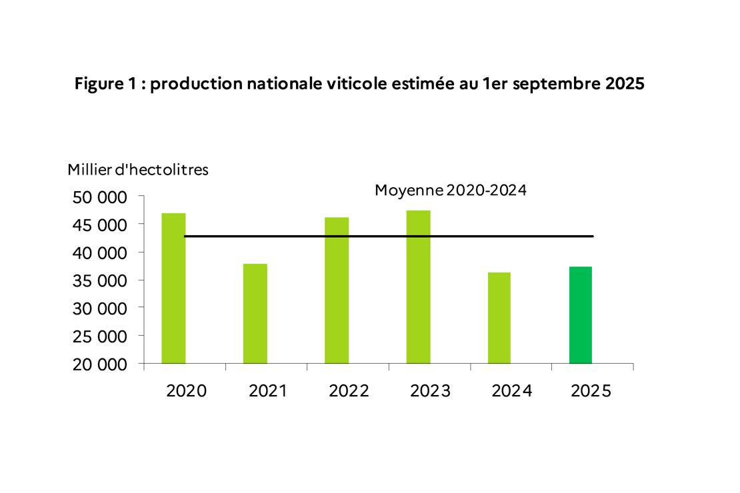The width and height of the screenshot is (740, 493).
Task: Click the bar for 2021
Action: coord(255,314)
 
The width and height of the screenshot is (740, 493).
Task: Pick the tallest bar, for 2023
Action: coord(418,287)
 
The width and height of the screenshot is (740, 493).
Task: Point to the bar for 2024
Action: coord(499,318)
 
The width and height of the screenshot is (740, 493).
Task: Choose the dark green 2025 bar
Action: coord(580,315)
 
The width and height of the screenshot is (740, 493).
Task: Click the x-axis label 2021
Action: coord(267,391)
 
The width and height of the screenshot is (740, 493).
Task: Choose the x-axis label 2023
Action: coord(430,391)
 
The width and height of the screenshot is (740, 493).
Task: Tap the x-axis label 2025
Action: coord(591,391)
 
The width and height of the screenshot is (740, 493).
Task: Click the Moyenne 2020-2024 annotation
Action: coord(451,191)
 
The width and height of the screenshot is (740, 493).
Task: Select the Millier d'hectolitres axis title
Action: coord(138,170)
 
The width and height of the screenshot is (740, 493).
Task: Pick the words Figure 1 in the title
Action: coord(106,86)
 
